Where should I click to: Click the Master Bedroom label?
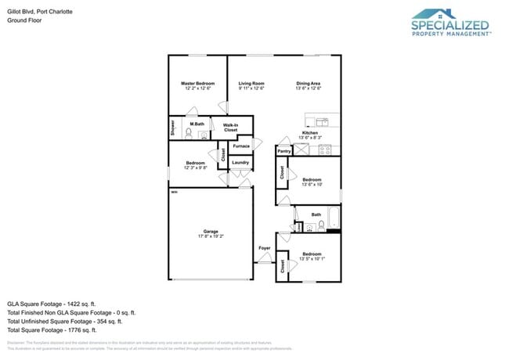(x=198, y=83)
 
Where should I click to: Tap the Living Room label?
(x=251, y=83)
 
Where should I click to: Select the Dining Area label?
(x=308, y=83)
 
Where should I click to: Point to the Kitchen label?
(x=310, y=133)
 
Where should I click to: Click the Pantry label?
(x=284, y=150)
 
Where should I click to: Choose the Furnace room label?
(x=241, y=146)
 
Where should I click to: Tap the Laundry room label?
(x=240, y=163)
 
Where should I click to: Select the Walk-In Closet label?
(x=230, y=128)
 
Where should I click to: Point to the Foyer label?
(x=265, y=248)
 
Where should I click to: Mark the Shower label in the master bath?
(x=173, y=128)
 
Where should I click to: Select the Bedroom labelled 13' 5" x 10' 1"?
(x=312, y=254)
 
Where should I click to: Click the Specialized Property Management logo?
(x=451, y=23)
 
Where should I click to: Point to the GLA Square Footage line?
(x=51, y=303)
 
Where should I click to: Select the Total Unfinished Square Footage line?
(x=64, y=321)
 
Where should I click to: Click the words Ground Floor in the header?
(x=23, y=21)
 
